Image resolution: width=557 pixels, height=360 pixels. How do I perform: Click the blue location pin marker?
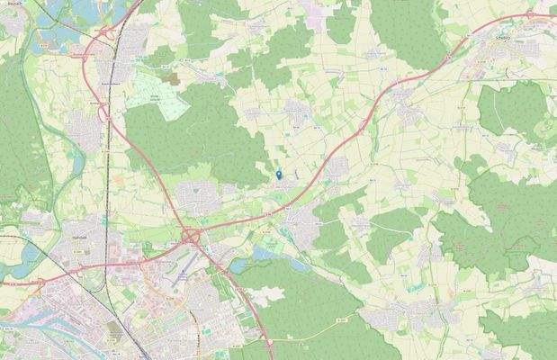click(x=278, y=174)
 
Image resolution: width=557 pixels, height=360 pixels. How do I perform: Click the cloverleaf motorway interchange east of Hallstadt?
click(x=192, y=236)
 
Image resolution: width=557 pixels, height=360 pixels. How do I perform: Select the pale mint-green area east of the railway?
click(x=157, y=101)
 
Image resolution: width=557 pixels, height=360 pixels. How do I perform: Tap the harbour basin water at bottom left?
click(x=36, y=310)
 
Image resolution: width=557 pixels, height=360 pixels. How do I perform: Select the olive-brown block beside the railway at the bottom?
click(x=114, y=334)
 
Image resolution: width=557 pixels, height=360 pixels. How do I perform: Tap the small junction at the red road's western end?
click(x=4, y=284)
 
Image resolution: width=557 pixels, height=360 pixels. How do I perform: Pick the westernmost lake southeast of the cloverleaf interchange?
click(x=238, y=266)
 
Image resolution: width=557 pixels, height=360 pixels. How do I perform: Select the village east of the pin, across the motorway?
click(x=337, y=167)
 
